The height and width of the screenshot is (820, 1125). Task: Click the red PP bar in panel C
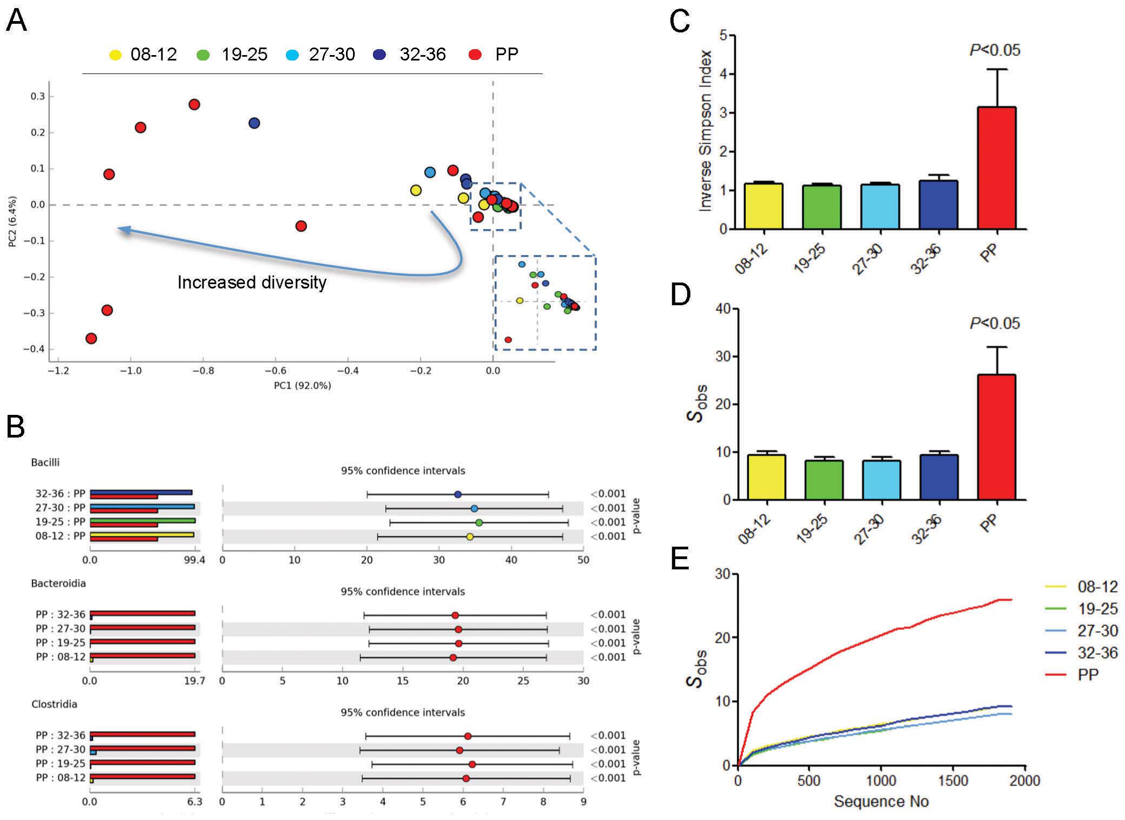(x=997, y=167)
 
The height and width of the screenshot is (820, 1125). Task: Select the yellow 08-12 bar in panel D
(x=766, y=477)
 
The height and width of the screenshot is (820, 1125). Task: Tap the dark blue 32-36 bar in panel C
(x=938, y=205)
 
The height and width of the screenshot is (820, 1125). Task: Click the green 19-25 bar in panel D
(x=824, y=480)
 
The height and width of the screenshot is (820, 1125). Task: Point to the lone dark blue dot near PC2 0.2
(x=254, y=123)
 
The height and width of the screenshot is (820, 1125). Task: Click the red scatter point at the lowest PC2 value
(x=91, y=339)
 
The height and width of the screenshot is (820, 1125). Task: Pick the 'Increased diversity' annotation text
(x=252, y=283)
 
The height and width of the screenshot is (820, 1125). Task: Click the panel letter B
(x=16, y=427)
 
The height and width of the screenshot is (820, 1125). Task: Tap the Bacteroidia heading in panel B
(x=58, y=583)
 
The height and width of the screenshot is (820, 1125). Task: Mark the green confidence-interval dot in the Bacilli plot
(x=479, y=522)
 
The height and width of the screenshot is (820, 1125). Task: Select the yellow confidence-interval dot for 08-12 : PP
(x=470, y=536)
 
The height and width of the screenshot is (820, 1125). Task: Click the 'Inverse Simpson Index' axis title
(x=705, y=130)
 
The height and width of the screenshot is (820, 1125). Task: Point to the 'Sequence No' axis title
(x=881, y=801)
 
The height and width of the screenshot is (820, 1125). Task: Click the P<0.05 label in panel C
(x=994, y=50)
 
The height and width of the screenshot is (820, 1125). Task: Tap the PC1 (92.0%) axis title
(x=302, y=385)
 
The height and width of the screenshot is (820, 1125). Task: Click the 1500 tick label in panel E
(x=953, y=781)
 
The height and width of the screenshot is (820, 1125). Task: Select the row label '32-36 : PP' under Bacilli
(x=60, y=494)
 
